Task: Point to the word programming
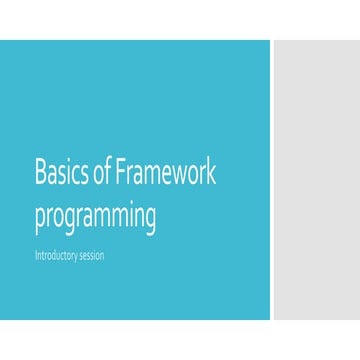(x=95, y=217)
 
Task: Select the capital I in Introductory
(x=36, y=255)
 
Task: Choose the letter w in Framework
(x=177, y=174)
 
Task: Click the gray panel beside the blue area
(x=316, y=180)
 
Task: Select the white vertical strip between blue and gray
(x=272, y=180)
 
